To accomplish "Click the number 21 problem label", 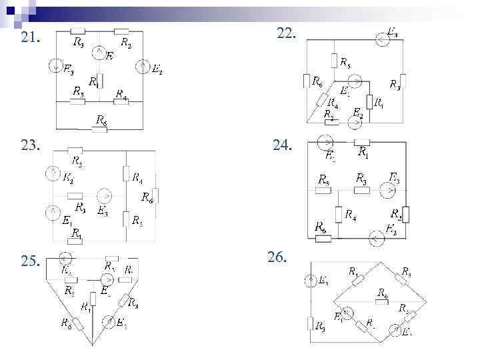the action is pos(30,38).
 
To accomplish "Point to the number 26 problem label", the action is pos(277,257).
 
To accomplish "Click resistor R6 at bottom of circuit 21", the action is pos(99,129).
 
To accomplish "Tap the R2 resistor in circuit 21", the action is pos(121,31).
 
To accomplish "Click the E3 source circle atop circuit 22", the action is pos(381,41).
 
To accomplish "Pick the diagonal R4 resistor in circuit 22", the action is pos(322,100).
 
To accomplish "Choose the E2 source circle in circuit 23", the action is pos(52,173).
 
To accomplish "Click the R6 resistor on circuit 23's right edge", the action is pos(155,196).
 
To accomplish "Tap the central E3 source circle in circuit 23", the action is pos(104,196).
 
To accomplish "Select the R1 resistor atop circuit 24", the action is pos(363,141).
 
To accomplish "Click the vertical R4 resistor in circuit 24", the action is pos(339,215).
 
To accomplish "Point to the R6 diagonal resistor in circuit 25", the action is pos(79,324).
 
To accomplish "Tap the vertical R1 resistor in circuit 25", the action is pos(93,298).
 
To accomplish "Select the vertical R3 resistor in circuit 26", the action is pos(311,324).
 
